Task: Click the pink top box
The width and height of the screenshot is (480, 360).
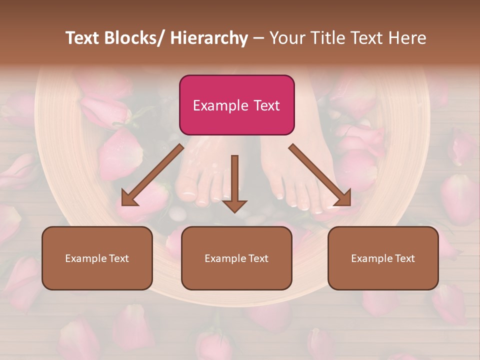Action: click(x=236, y=105)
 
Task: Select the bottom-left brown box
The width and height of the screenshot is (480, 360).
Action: click(x=97, y=258)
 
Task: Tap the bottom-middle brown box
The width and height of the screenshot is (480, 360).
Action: click(x=236, y=258)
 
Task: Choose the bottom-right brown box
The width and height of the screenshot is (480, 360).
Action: click(x=383, y=258)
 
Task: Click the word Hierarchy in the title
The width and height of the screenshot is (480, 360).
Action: click(x=208, y=38)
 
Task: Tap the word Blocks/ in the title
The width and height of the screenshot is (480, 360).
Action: click(x=134, y=38)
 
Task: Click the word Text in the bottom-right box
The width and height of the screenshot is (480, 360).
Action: click(x=404, y=258)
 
